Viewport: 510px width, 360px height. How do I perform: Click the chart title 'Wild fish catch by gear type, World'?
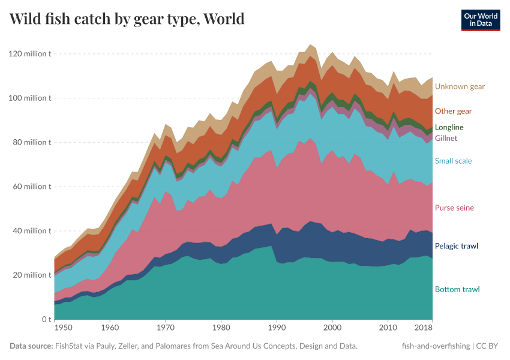(127, 19)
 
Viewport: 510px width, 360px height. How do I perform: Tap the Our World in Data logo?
(480, 20)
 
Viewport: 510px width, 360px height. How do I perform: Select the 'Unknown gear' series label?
(460, 86)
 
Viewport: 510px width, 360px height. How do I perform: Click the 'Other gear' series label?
(453, 111)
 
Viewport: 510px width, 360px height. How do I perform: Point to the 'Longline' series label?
(449, 127)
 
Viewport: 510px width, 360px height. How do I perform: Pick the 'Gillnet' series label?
(446, 138)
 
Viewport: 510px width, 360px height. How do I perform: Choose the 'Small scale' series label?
(453, 161)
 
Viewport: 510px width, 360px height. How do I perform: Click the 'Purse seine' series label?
(454, 208)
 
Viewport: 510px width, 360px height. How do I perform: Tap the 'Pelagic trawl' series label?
(456, 246)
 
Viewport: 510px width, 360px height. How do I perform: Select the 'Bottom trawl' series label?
(457, 289)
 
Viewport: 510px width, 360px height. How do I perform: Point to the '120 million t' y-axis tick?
(30, 54)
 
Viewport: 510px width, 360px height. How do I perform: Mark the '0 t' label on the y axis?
(46, 319)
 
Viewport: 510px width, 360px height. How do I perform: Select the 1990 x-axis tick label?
(276, 328)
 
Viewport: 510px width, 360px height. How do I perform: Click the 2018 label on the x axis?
(424, 328)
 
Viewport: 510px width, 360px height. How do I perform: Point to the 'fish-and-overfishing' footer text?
(435, 346)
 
